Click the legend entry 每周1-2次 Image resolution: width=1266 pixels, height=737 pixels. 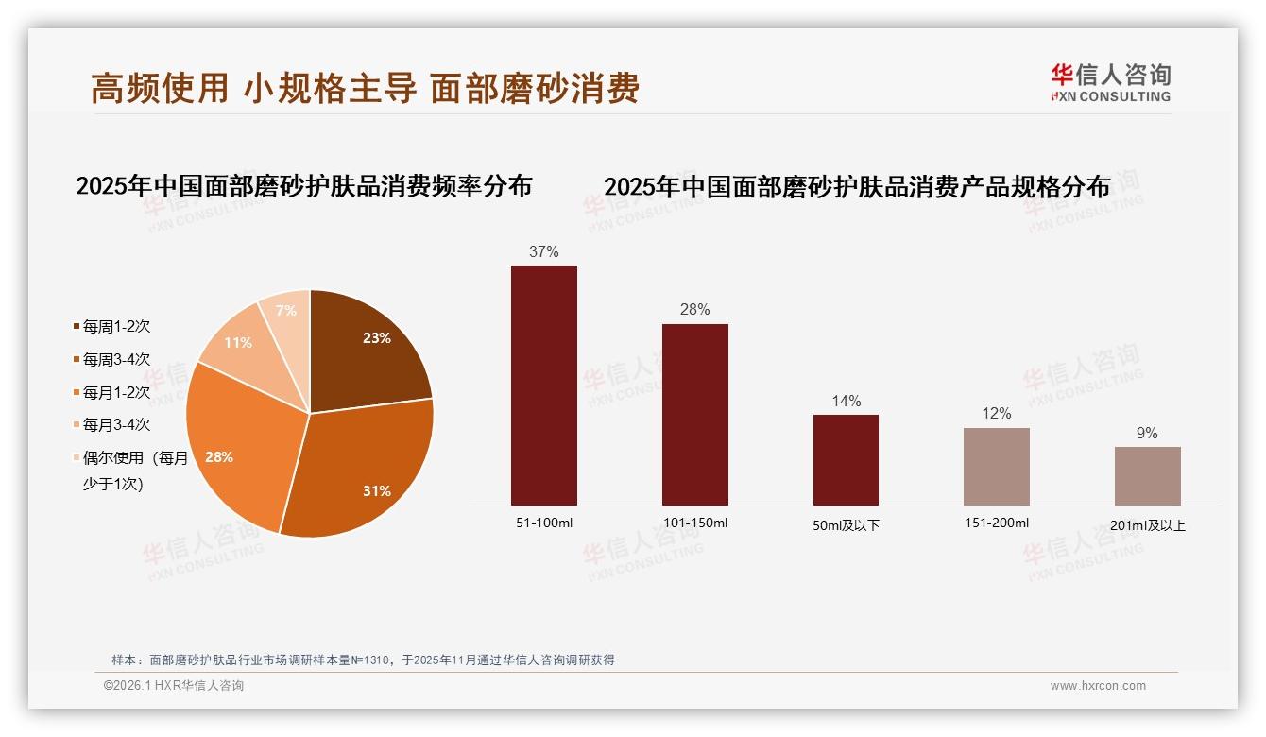coord(116,327)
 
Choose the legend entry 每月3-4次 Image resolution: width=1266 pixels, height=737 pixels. coord(116,425)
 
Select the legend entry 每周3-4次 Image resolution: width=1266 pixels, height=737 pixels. coord(116,360)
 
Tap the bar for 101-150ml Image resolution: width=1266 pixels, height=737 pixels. coord(695,415)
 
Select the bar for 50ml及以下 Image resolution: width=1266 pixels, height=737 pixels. coord(846,460)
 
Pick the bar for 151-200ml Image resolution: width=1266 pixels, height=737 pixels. coord(997,467)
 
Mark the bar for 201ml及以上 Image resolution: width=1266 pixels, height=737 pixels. coord(1147,476)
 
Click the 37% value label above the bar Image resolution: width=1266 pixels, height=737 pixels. coord(544,251)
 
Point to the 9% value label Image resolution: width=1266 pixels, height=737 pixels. coord(1147,433)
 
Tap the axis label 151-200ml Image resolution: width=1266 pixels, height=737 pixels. coord(997,523)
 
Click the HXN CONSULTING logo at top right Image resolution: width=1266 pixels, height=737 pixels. coord(1111,83)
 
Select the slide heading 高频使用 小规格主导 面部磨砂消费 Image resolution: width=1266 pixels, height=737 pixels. coord(366,88)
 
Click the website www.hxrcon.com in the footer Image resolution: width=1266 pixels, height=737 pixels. coord(1098,686)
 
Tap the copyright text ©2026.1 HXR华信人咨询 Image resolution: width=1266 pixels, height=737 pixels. coord(174,686)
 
